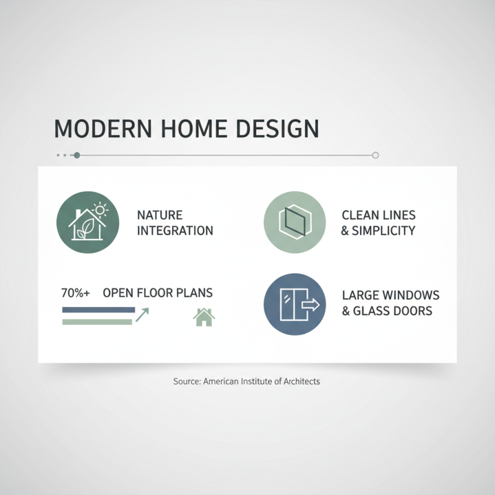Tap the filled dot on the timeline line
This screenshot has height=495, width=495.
pyautogui.click(x=77, y=155)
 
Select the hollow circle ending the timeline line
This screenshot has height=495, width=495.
pyautogui.click(x=375, y=155)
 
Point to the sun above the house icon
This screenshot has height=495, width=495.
pyautogui.click(x=99, y=210)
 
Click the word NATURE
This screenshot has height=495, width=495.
pyautogui.click(x=160, y=215)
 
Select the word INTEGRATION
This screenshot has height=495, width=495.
pyautogui.click(x=174, y=231)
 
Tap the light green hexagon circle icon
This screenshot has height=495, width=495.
pyautogui.click(x=295, y=222)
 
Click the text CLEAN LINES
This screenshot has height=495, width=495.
pyautogui.click(x=379, y=215)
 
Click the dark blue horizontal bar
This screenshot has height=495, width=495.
pyautogui.click(x=98, y=309)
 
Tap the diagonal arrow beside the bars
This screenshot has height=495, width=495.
pyautogui.click(x=142, y=316)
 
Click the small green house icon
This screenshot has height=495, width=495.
pyautogui.click(x=204, y=317)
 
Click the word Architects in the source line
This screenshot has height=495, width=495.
pyautogui.click(x=298, y=382)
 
